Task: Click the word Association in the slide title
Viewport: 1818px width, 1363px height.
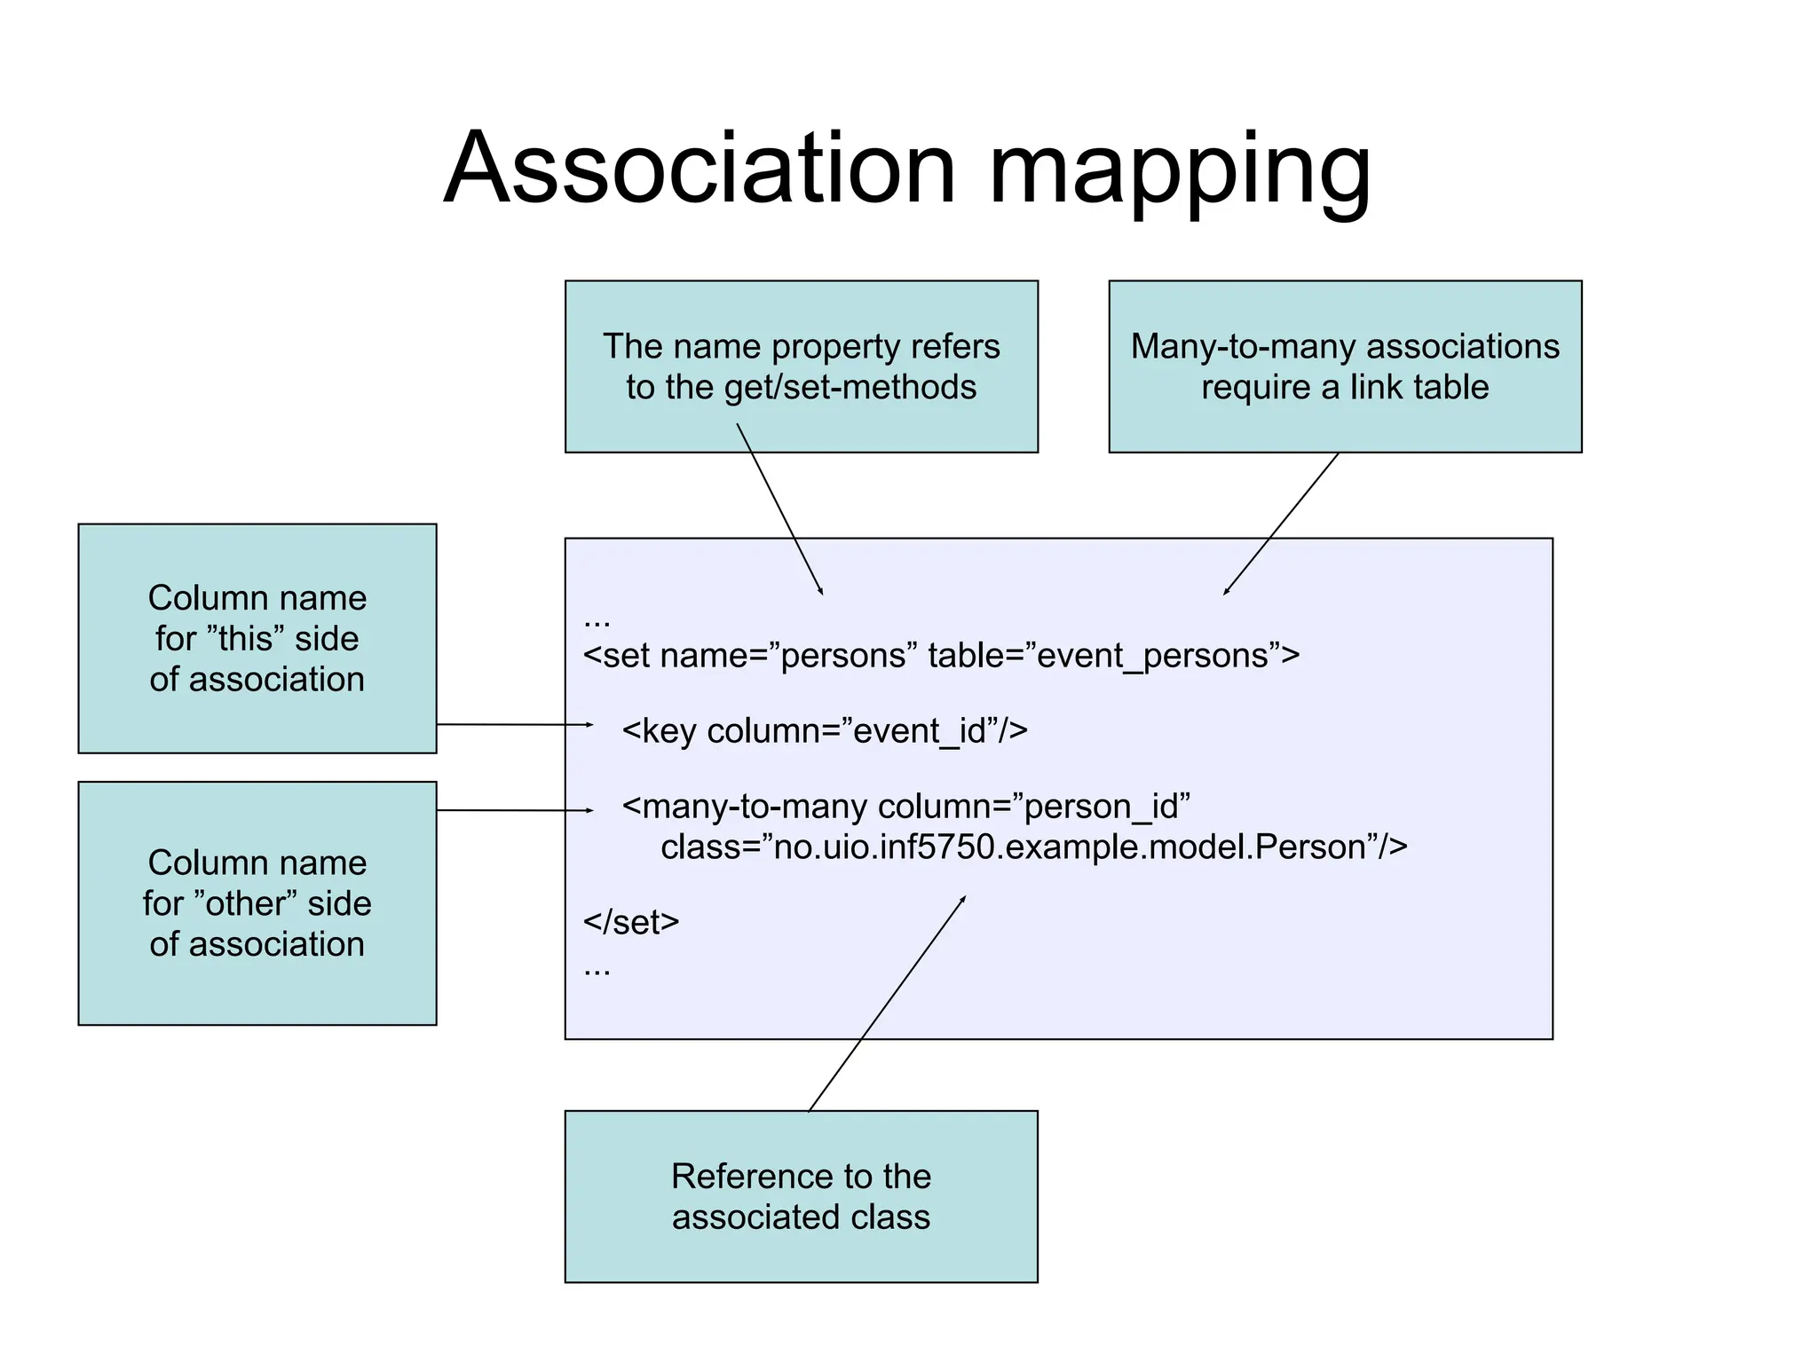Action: (x=700, y=169)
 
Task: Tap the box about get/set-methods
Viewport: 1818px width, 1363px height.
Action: (x=801, y=366)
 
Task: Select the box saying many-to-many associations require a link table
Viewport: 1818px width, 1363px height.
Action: (x=1344, y=366)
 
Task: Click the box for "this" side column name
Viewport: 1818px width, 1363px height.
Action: (x=257, y=638)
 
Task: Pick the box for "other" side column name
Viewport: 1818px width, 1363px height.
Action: (x=257, y=902)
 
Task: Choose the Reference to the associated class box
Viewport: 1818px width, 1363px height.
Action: (x=801, y=1195)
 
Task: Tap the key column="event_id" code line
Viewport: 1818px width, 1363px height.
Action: (x=825, y=731)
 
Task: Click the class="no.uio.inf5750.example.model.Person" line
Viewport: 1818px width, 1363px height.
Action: (x=1033, y=847)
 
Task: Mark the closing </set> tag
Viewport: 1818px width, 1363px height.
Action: (x=631, y=923)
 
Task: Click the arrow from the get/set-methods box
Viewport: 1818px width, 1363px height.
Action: (x=779, y=508)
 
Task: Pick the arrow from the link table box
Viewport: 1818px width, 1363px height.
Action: (x=1281, y=524)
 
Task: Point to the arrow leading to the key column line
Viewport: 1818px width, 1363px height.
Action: (x=515, y=725)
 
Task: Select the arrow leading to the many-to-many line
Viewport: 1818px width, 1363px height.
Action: (x=515, y=810)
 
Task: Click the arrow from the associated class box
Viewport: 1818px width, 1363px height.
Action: (x=888, y=1003)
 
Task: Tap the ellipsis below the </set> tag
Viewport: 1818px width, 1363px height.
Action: (x=597, y=971)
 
